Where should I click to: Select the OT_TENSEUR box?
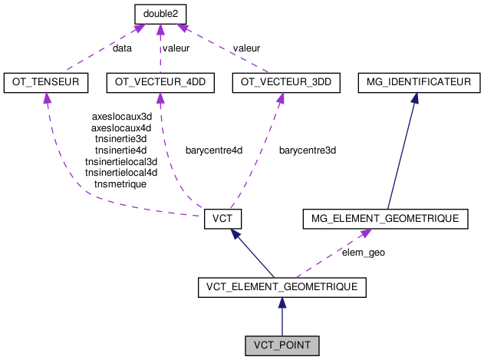tap(46, 81)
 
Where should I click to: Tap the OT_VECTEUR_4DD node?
tap(160, 81)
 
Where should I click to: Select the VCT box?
tap(222, 219)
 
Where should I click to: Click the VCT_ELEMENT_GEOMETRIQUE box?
tap(282, 287)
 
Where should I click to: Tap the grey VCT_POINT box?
tap(282, 345)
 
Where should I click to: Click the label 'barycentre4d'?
tap(213, 150)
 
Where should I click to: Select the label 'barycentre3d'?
tap(308, 150)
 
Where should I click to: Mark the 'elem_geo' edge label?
tap(364, 252)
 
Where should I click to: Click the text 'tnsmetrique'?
tap(120, 184)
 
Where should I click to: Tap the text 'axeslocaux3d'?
tap(120, 117)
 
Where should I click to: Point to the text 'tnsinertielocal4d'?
tap(120, 173)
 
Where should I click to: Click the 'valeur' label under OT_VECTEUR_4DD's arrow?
tap(176, 48)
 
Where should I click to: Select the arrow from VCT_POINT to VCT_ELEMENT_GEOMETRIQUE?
tap(282, 319)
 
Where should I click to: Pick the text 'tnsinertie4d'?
tap(120, 150)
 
